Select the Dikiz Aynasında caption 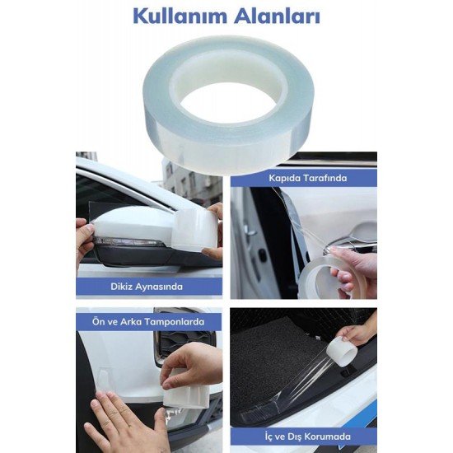[149, 287]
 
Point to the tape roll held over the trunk [341, 352]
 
